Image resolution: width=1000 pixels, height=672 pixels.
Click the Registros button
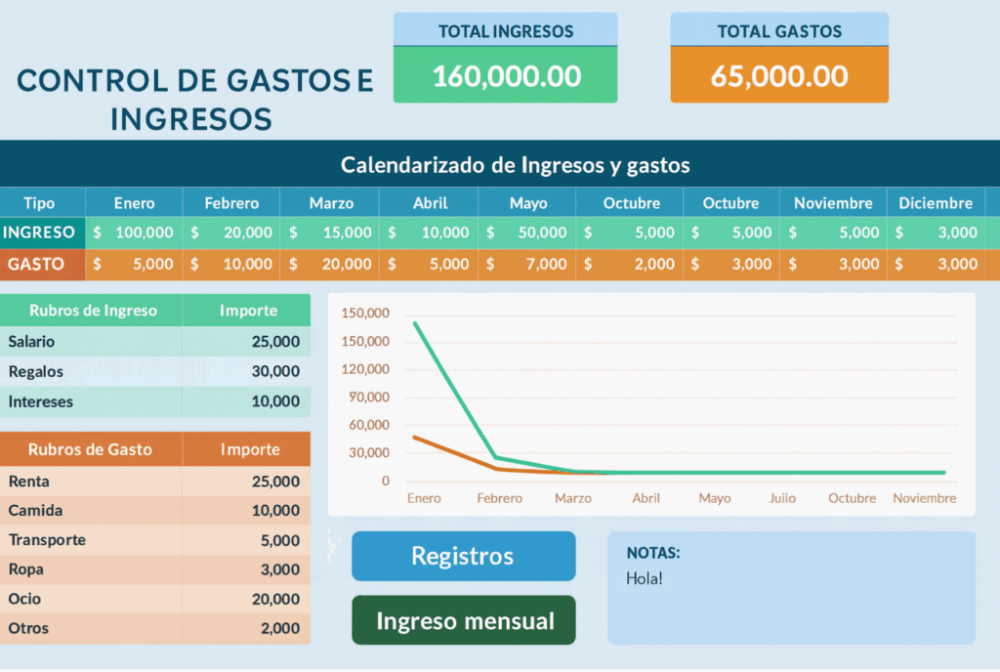tap(463, 556)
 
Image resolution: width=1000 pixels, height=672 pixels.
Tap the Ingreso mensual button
tap(464, 620)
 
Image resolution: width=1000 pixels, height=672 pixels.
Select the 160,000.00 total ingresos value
tap(506, 75)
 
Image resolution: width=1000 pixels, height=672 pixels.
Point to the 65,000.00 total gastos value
tap(779, 75)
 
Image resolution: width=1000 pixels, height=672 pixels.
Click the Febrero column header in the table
tap(231, 203)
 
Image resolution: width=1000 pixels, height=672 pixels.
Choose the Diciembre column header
tap(936, 203)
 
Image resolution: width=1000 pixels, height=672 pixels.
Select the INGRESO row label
tap(39, 232)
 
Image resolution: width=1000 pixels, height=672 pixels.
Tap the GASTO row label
tap(39, 264)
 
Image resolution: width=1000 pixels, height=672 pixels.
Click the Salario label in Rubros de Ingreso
tap(31, 342)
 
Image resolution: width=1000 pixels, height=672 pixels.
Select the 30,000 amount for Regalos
tap(275, 371)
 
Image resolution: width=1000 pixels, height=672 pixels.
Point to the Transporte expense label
tap(47, 540)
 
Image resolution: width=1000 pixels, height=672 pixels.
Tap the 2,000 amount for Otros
tap(280, 628)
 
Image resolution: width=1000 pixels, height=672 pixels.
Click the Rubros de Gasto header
tap(90, 449)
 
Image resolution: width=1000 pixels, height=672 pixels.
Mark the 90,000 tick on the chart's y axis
tap(370, 397)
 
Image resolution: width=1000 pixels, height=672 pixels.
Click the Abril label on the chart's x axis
tap(646, 498)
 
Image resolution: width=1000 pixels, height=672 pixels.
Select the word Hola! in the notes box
tap(645, 578)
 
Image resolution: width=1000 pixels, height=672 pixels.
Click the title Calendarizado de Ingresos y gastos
tap(515, 165)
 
